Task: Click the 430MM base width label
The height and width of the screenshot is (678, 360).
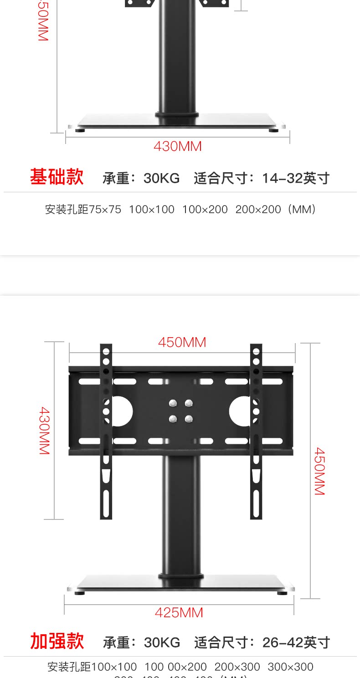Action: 177,146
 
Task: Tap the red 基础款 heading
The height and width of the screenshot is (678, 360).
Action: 57,177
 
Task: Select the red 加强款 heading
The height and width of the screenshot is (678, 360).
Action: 57,641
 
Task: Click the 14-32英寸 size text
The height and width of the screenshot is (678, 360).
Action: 296,178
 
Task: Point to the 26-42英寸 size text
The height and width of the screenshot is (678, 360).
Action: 296,642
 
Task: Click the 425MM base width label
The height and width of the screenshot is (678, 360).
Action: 179,613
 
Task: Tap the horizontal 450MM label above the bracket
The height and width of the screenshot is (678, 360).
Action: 182,342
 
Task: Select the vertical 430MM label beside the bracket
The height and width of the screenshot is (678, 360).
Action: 44,431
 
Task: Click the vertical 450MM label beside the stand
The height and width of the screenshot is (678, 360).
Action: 319,471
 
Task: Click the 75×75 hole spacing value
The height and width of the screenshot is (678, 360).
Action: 105,210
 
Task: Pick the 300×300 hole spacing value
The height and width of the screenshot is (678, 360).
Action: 290,667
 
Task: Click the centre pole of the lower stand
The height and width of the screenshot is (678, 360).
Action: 181,515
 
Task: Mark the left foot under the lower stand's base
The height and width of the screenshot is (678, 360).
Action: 79,593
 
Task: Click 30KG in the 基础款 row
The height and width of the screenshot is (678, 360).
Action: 161,178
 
